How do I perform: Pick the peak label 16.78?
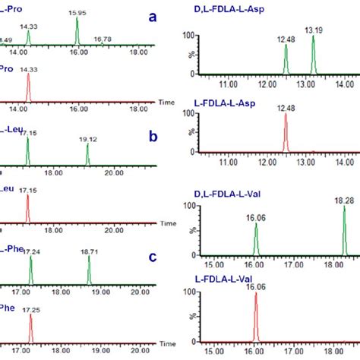(103, 38)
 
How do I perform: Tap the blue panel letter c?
(152, 257)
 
